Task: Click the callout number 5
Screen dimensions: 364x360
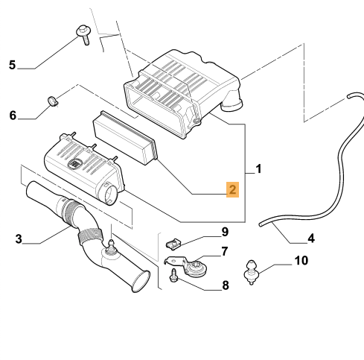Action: (x=12, y=65)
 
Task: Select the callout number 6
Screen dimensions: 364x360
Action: (x=13, y=116)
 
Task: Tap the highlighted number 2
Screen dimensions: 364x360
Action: (x=232, y=189)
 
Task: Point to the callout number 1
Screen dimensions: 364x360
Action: (x=258, y=169)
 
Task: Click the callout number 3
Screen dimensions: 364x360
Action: (x=19, y=239)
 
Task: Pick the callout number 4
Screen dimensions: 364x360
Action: (x=311, y=239)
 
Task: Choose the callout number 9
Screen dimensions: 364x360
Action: (x=225, y=232)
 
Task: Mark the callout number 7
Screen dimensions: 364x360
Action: (x=225, y=251)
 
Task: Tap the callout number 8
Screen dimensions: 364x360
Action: (x=226, y=285)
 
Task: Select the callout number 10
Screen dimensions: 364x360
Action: (x=301, y=261)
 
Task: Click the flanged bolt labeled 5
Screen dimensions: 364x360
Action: (x=83, y=34)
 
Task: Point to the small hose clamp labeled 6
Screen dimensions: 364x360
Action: (x=53, y=101)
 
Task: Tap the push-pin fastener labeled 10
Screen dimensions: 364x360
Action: (x=252, y=272)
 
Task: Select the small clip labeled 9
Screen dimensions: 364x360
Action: (x=173, y=243)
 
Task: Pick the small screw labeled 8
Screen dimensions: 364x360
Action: (x=173, y=275)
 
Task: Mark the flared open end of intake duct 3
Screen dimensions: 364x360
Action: (x=141, y=281)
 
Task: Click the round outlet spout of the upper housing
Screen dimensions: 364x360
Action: (x=232, y=103)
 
